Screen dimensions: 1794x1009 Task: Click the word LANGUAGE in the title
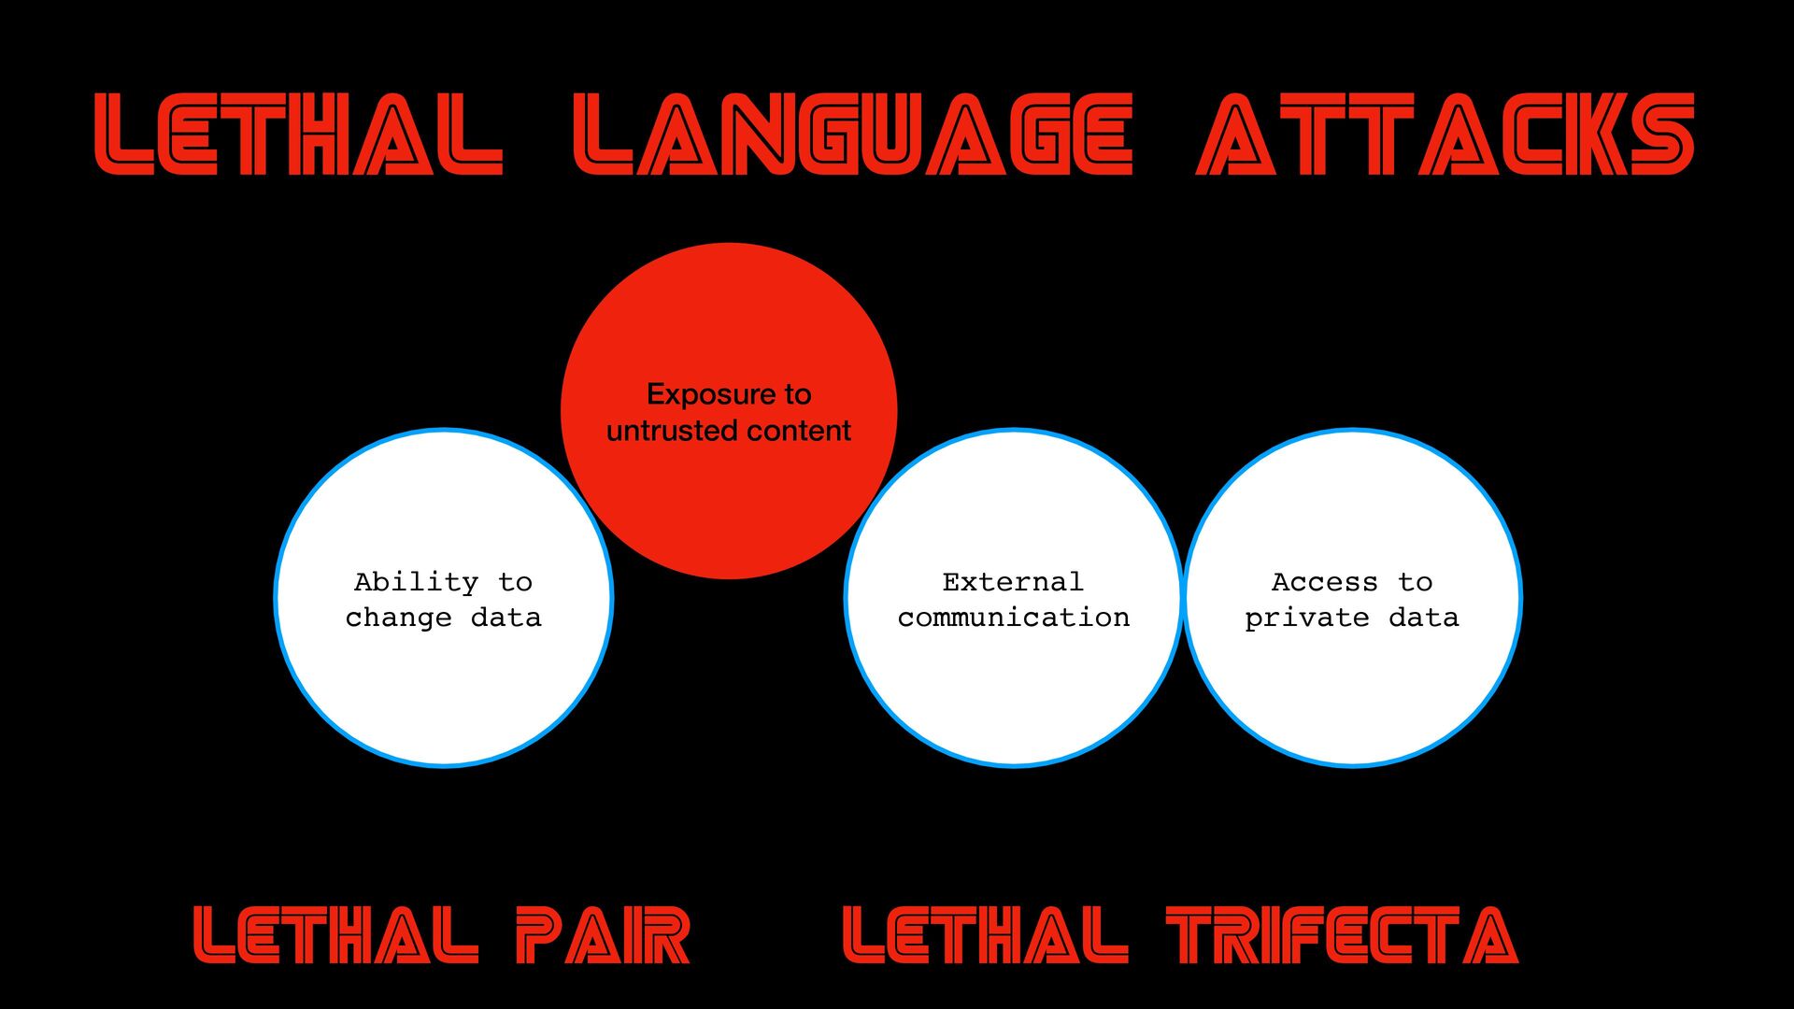852,135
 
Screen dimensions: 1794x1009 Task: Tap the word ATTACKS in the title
1445,135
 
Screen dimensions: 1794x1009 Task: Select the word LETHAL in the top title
299,135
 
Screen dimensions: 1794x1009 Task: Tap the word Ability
416,582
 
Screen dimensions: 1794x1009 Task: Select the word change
398,618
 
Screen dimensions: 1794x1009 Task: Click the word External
1013,582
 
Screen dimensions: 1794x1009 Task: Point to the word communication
1014,618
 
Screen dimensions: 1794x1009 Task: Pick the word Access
1324,582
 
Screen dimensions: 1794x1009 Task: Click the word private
1306,618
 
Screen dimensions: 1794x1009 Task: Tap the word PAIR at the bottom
603,935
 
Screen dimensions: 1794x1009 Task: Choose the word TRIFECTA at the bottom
1342,935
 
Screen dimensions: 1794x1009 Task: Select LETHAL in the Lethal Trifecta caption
986,935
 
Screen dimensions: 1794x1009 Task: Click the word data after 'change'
506,618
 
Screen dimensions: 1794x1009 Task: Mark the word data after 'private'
1424,618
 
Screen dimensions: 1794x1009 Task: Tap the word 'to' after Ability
515,582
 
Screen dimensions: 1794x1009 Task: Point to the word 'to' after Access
1416,582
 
